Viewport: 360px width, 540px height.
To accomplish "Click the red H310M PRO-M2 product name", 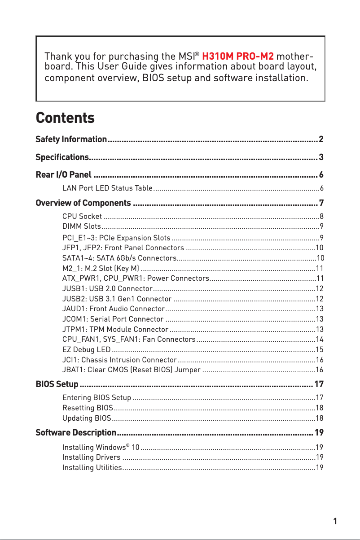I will pos(238,57).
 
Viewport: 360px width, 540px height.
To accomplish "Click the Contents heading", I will pos(65,118).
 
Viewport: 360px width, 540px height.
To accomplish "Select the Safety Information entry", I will pos(71,139).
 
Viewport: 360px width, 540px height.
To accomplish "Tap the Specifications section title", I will pos(61,157).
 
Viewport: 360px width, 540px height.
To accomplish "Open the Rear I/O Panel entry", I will pos(64,174).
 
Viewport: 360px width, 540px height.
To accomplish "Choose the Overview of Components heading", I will pos(83,203).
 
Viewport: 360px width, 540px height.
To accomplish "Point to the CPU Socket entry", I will pos(82,217).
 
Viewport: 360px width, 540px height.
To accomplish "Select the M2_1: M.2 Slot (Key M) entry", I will pos(101,268).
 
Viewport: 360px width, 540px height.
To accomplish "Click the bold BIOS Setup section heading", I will pos(57,384).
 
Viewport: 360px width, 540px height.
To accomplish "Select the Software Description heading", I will pos(76,433).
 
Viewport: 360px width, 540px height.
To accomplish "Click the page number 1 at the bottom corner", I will pos(335,521).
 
